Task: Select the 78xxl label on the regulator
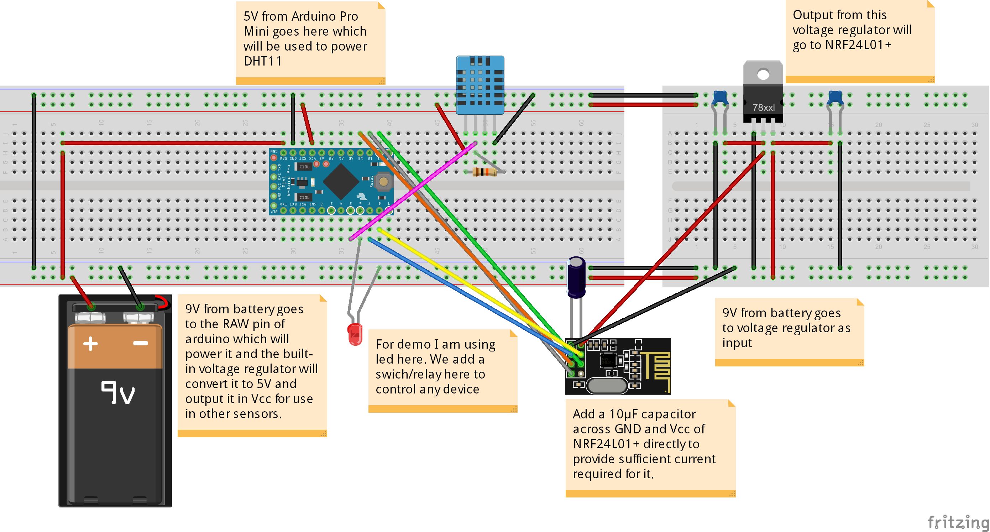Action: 763,108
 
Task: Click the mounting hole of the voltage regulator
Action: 763,74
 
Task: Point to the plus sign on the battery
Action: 90,343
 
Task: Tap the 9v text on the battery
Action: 117,392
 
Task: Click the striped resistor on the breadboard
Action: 484,172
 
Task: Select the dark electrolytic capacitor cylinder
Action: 576,278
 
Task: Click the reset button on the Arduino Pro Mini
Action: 383,182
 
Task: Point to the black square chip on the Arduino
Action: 341,182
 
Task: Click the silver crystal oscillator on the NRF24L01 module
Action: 607,386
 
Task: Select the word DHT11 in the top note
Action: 262,61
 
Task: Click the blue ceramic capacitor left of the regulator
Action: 719,98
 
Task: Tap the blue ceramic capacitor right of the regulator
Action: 835,98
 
